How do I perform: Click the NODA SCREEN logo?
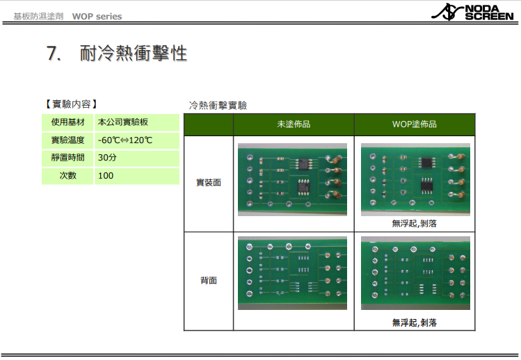(x=472, y=13)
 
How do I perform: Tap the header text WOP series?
(x=97, y=17)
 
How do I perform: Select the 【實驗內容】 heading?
(x=71, y=104)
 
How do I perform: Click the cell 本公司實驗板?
(x=123, y=122)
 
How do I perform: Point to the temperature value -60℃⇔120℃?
(x=125, y=140)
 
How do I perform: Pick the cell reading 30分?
(x=107, y=158)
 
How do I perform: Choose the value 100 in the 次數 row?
(x=106, y=175)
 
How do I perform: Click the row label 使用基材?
(x=67, y=122)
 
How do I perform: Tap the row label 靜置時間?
(x=67, y=158)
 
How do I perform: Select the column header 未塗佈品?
(x=294, y=124)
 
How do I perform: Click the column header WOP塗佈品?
(x=415, y=124)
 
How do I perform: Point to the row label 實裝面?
(x=209, y=183)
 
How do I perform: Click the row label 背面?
(x=209, y=281)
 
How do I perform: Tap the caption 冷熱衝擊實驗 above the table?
(x=218, y=106)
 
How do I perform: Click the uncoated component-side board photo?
(x=292, y=180)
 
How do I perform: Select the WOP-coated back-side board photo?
(x=415, y=273)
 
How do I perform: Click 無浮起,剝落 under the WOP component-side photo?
(x=415, y=224)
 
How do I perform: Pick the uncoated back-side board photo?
(x=292, y=273)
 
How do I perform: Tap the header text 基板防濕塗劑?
(x=38, y=17)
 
